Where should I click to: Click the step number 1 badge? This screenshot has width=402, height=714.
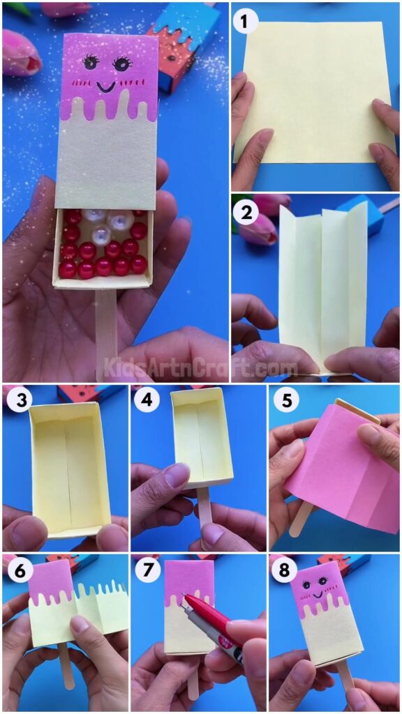click(244, 22)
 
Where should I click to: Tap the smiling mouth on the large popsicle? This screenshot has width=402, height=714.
click(106, 87)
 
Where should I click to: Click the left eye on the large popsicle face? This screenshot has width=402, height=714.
click(91, 63)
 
